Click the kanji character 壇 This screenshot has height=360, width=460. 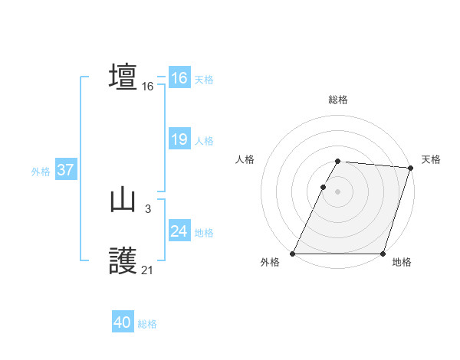pyautogui.click(x=123, y=77)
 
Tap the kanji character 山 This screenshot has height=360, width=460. pyautogui.click(x=123, y=201)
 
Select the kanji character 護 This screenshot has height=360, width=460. pyautogui.click(x=123, y=262)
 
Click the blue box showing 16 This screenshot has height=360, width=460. pyautogui.click(x=179, y=78)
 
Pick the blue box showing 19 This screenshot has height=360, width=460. pyautogui.click(x=179, y=139)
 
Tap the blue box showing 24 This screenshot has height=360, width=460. pyautogui.click(x=179, y=231)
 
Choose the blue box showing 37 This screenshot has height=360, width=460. pyautogui.click(x=65, y=170)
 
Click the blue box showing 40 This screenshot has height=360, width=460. pyautogui.click(x=123, y=323)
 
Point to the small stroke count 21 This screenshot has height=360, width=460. pyautogui.click(x=147, y=270)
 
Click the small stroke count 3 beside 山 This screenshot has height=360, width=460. pyautogui.click(x=147, y=208)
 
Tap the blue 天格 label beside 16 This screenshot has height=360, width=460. pyautogui.click(x=204, y=79)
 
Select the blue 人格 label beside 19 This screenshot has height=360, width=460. pyautogui.click(x=204, y=140)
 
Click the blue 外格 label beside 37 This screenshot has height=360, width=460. pyautogui.click(x=41, y=172)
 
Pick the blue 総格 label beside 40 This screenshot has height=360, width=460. pyautogui.click(x=147, y=324)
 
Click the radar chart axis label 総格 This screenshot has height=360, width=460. pyautogui.click(x=338, y=100)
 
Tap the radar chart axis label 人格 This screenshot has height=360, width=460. pyautogui.click(x=245, y=159)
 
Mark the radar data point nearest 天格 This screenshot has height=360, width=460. pyautogui.click(x=410, y=168)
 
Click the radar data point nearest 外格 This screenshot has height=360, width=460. pyautogui.click(x=293, y=254)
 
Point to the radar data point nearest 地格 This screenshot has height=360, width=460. pyautogui.click(x=383, y=254)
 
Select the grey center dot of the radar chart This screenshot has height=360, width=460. pyautogui.click(x=338, y=191)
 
